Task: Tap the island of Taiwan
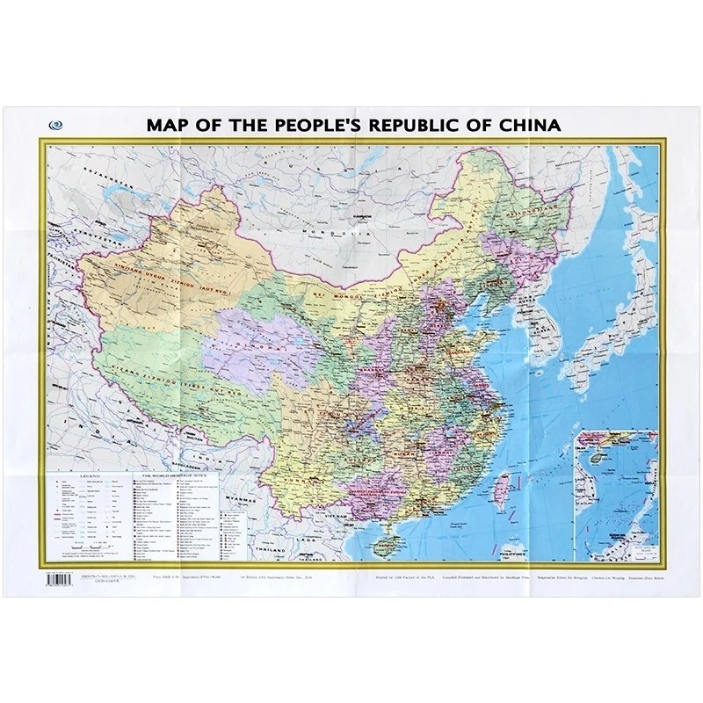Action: [504, 484]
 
